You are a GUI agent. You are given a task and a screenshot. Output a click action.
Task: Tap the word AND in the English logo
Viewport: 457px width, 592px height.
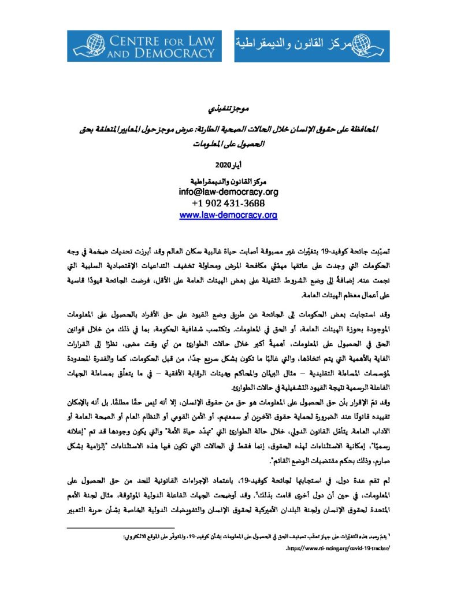pyautogui.click(x=122, y=54)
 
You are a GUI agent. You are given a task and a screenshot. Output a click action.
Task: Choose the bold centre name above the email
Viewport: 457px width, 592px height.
pyautogui.click(x=228, y=180)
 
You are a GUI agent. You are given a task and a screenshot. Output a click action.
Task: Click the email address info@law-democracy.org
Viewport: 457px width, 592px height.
pyautogui.click(x=228, y=191)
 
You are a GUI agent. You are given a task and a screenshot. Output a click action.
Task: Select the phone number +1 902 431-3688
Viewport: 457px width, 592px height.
pyautogui.click(x=228, y=203)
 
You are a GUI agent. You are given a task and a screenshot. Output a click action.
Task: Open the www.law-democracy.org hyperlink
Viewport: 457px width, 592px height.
pyautogui.click(x=228, y=214)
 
